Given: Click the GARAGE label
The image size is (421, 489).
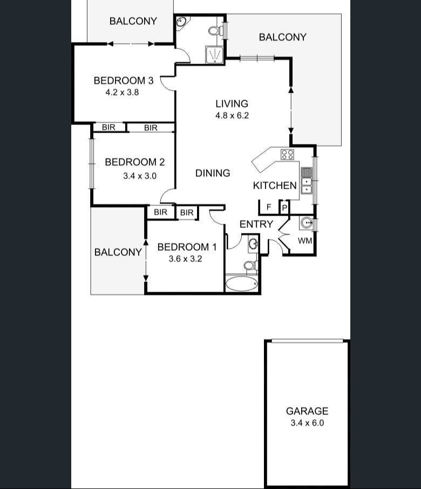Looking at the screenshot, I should tap(307, 411).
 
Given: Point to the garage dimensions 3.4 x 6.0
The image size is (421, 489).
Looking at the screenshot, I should tap(307, 423).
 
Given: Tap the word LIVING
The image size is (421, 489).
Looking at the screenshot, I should tap(232, 104).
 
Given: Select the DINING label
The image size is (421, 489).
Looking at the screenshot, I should tap(213, 173).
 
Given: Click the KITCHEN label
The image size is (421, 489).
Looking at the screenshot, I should tap(275, 185).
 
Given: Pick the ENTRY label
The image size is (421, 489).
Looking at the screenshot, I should tap(256, 224).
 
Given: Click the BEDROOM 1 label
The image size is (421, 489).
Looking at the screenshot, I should tap(187, 247).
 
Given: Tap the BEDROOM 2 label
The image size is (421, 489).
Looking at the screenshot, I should tap(134, 162).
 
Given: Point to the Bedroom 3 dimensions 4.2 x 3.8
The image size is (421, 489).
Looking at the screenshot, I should tap(123, 92).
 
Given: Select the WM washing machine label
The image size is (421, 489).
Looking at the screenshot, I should tap(305, 240).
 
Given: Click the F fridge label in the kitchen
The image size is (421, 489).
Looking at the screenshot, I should tap(268, 207).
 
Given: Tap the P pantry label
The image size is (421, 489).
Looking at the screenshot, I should tap(284, 208).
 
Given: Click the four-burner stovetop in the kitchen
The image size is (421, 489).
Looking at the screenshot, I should tap(287, 155).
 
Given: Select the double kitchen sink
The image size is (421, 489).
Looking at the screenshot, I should tap(306, 180).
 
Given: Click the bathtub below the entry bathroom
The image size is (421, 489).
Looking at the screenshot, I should tap(242, 284).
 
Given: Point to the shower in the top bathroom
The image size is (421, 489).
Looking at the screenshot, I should tap(215, 54).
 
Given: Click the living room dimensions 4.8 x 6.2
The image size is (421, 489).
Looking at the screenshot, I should tap(232, 115).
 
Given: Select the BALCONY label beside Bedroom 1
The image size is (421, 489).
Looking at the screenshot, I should tap(118, 252).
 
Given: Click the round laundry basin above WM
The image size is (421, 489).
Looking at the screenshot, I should tap(307, 223).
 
